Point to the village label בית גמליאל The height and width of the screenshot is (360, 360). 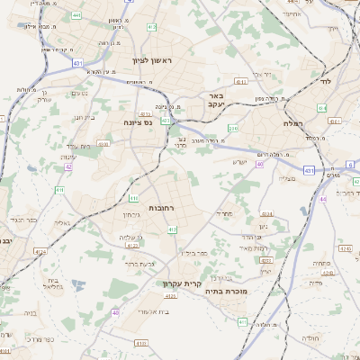pyautogui.click(x=54, y=283)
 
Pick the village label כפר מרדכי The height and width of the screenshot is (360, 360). pyautogui.click(x=41, y=339)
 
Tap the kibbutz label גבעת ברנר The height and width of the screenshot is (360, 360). pyautogui.click(x=140, y=265)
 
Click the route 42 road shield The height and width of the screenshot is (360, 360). pyautogui.click(x=67, y=166)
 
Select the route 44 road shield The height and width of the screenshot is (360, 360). pyautogui.click(x=322, y=199)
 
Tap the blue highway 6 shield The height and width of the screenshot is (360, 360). pyautogui.click(x=350, y=165)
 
